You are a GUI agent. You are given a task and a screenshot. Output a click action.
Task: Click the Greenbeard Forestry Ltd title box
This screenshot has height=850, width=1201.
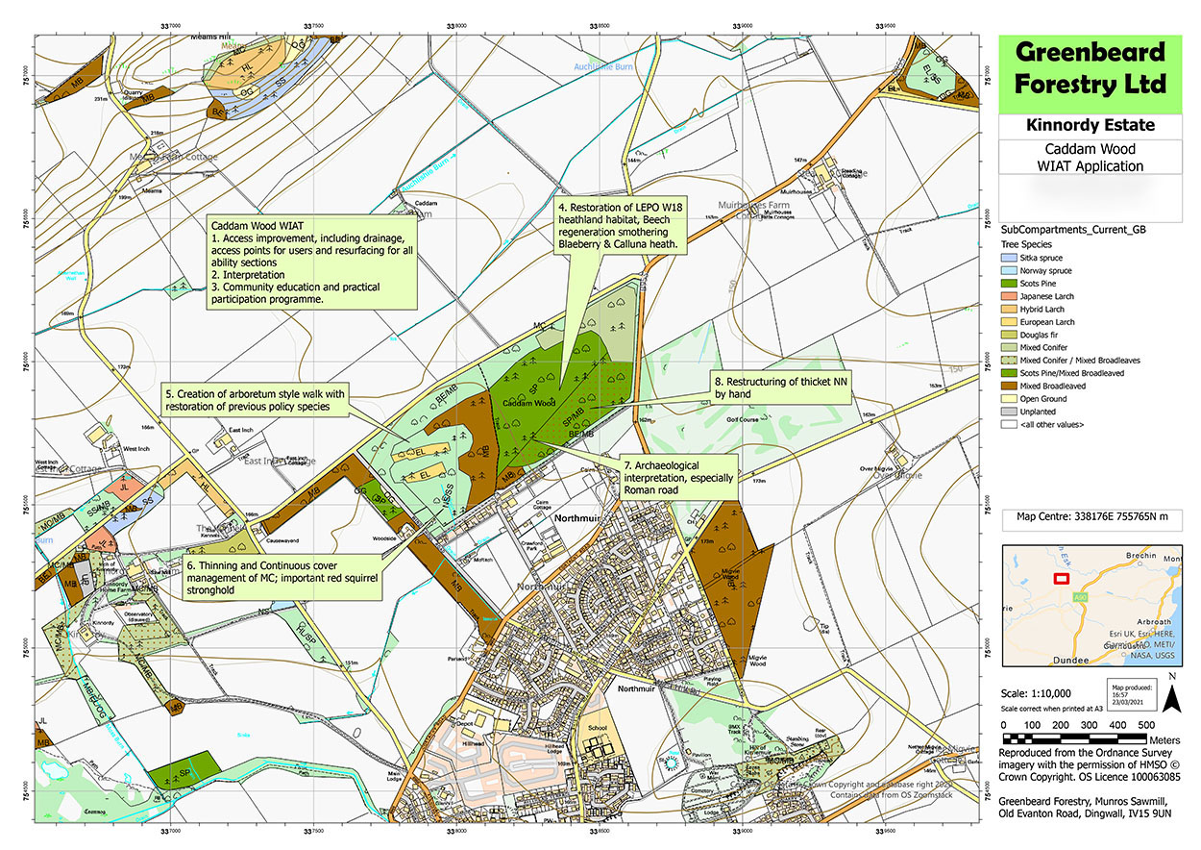point(1091,72)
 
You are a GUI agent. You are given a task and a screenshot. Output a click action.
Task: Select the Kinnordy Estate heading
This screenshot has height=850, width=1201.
point(1091,126)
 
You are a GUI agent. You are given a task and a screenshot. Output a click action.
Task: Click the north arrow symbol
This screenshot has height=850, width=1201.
point(1172,694)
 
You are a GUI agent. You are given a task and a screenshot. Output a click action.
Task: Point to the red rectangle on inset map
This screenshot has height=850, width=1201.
point(1062,579)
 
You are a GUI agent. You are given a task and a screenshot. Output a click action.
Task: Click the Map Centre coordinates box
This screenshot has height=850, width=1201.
point(1091,520)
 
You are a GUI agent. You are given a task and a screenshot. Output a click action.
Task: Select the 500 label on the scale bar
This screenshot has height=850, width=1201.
point(1146,725)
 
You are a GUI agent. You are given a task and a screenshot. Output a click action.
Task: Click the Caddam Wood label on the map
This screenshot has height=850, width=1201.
point(532,402)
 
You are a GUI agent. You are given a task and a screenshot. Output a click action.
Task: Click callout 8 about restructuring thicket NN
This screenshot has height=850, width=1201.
point(783,387)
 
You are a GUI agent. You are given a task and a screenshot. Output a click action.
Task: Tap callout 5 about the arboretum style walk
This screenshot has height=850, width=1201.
point(255,399)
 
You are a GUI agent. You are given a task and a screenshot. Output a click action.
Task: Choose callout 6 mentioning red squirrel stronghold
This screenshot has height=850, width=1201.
point(282,578)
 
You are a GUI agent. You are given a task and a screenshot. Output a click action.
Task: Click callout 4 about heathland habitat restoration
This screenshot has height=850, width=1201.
point(620,227)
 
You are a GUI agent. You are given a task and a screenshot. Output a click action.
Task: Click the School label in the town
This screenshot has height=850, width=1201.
point(598,728)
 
